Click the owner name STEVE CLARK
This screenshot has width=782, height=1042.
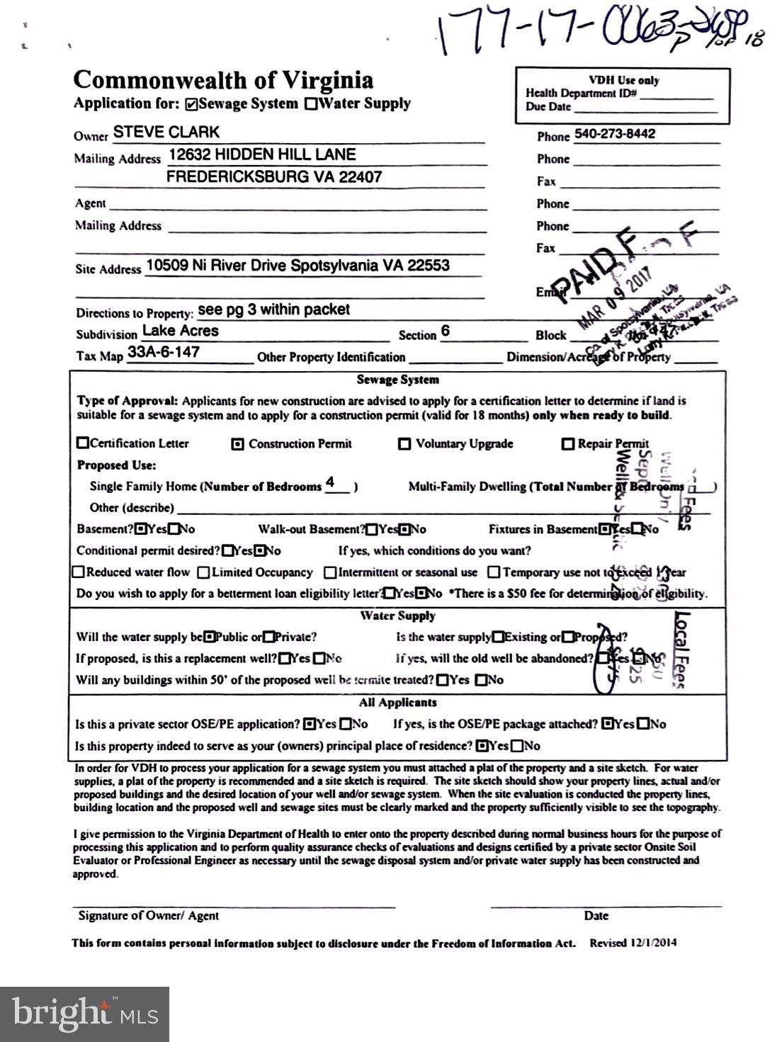point(166,132)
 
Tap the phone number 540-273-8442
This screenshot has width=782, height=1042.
point(614,134)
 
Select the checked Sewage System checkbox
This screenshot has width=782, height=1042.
point(191,104)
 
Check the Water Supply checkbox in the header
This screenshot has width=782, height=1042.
point(311,104)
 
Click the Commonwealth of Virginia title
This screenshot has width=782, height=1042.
point(223,80)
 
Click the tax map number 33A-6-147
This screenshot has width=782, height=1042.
point(164,352)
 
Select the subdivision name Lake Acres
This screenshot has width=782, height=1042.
point(181,331)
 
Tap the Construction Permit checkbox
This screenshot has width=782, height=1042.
point(238,444)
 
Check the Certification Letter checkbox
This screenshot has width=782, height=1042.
point(83,443)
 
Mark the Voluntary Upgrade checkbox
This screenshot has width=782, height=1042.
point(404,444)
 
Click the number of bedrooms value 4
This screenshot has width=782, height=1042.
point(330,482)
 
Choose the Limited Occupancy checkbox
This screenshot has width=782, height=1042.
point(203,572)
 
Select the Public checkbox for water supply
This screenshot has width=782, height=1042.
point(209,637)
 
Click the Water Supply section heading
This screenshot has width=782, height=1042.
point(397,616)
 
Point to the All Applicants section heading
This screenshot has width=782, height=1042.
point(397,703)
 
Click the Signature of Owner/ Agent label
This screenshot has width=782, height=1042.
point(148,915)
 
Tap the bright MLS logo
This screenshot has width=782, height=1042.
point(85,1014)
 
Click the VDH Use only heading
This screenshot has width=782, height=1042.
point(623,80)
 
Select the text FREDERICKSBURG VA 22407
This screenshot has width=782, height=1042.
point(274,177)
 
